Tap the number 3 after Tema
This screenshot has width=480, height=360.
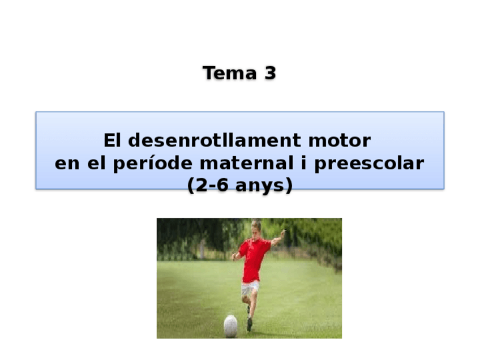pos(269,73)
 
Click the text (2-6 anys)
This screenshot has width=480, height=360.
pos(240,186)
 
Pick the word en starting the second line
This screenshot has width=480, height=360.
pos(67,164)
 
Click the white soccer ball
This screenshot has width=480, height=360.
pos(230,325)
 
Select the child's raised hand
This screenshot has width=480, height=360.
pos(282,233)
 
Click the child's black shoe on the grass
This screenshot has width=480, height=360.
pos(249,324)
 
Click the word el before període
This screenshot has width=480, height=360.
pos(97,164)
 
